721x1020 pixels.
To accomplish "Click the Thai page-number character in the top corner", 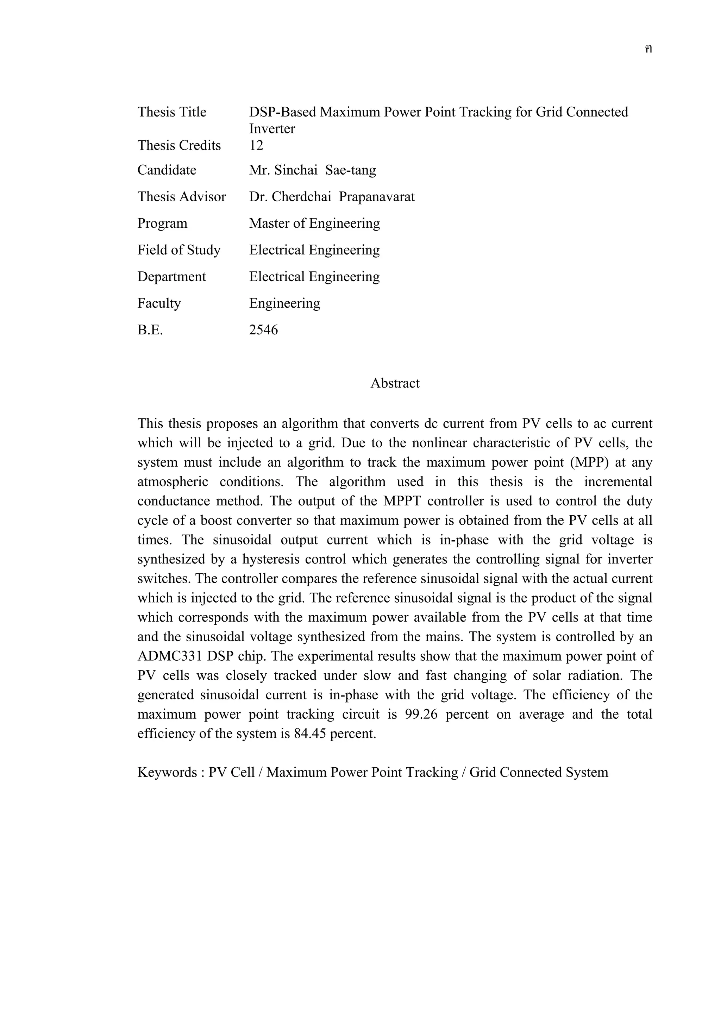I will click(648, 49).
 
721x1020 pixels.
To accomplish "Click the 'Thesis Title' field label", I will click(171, 112).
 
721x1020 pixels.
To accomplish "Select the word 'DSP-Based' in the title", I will click(283, 112).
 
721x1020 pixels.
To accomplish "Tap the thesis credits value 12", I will click(256, 145).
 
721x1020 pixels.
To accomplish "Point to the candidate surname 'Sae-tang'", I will click(351, 170).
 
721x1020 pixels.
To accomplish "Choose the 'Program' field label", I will click(162, 223).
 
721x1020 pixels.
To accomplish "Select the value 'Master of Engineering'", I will click(314, 223).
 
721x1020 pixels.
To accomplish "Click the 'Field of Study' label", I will click(178, 250).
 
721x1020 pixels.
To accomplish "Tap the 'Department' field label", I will click(171, 277).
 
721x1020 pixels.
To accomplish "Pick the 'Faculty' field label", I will click(159, 303).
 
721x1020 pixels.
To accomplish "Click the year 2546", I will click(263, 330).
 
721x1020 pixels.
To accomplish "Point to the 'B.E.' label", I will click(150, 330).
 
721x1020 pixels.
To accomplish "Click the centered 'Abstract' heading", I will click(395, 383).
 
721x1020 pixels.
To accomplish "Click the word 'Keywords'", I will click(167, 773).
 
